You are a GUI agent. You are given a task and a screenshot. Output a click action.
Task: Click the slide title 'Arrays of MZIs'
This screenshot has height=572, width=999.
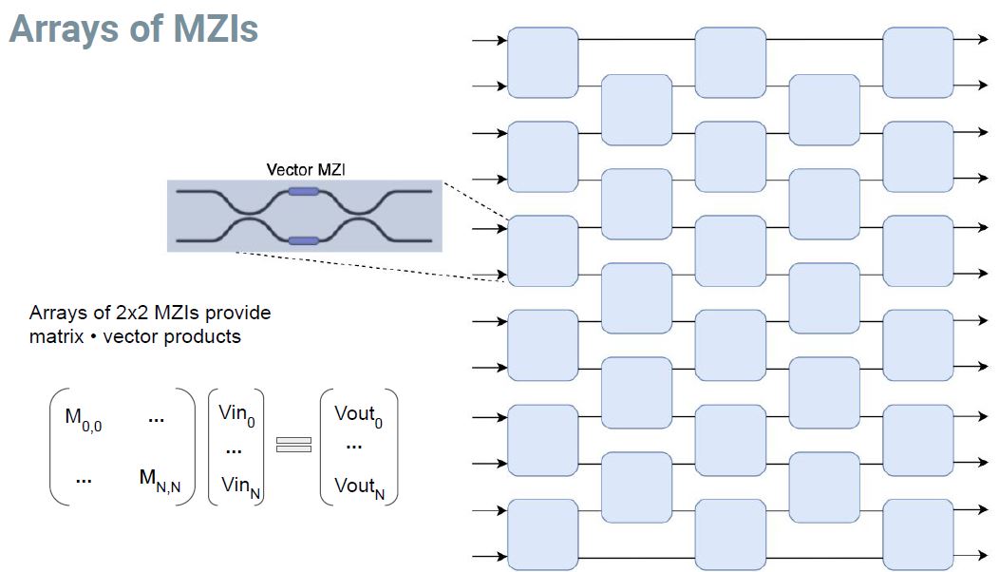134,29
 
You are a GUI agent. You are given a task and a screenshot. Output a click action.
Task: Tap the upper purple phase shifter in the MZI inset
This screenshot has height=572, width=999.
303,192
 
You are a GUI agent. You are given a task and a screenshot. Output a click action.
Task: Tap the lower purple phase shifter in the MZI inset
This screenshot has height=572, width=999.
303,240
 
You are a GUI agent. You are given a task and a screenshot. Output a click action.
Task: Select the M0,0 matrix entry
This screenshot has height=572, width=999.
84,421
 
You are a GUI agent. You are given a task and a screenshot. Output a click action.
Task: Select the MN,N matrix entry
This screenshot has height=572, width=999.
160,482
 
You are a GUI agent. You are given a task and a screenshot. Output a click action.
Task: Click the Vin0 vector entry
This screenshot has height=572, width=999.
236,414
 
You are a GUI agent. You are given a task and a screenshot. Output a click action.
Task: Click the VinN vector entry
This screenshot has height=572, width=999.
236,486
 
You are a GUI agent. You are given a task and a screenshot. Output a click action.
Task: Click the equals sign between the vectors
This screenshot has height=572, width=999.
293,444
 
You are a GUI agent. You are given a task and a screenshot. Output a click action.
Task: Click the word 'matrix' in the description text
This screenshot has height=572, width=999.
52,336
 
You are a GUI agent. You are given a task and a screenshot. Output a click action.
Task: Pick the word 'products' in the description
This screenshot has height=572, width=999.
204,336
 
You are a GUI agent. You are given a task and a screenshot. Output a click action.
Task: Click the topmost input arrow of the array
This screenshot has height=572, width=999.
490,40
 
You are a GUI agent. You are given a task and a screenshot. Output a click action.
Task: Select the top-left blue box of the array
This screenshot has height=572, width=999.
543,63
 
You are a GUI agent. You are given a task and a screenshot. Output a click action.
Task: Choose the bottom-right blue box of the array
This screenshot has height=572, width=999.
918,534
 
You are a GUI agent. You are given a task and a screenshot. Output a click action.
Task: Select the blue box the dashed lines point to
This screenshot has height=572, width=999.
543,251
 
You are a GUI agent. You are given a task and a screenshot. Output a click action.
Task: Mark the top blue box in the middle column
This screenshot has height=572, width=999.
730,63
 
